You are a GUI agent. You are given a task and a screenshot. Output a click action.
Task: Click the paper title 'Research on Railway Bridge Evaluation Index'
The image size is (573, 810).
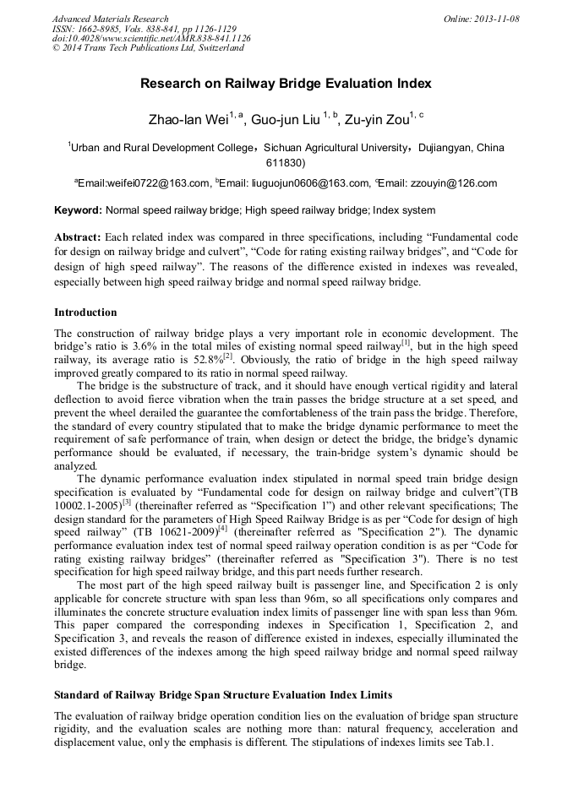(x=286, y=84)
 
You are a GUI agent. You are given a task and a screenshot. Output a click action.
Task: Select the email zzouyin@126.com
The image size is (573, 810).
(x=453, y=183)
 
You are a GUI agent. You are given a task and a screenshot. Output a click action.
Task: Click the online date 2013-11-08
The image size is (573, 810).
(x=498, y=19)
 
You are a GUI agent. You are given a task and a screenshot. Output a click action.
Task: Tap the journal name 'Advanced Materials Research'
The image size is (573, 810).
(x=110, y=19)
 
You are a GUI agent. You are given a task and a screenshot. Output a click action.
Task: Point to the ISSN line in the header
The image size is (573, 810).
(x=144, y=29)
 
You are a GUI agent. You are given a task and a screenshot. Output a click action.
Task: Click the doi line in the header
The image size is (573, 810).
(x=151, y=38)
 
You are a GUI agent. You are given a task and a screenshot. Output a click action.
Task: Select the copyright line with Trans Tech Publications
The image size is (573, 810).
(x=148, y=48)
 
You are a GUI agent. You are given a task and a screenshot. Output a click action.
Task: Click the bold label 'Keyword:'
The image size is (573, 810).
(x=78, y=210)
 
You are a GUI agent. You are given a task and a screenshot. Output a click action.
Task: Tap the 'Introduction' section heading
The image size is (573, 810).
(x=85, y=313)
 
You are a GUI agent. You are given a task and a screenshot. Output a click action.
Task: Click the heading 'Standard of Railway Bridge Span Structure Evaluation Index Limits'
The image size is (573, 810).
(x=223, y=695)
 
